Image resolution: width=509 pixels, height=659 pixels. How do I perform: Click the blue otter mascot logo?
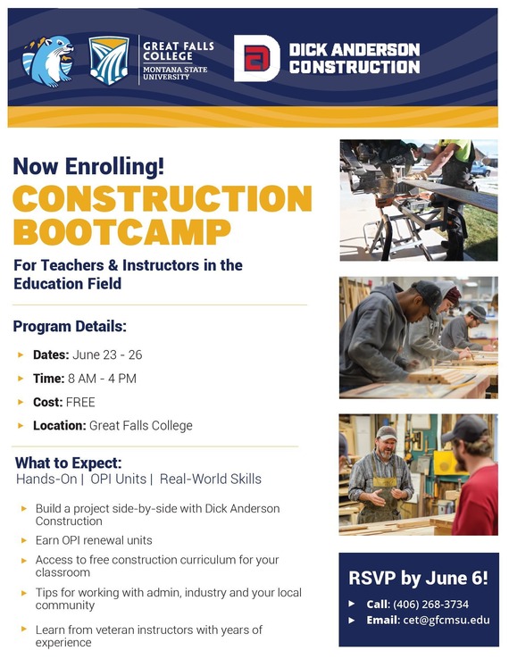tap(47, 60)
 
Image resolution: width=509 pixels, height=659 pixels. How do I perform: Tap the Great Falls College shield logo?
tap(109, 60)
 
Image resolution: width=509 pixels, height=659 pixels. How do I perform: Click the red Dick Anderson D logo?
tap(256, 59)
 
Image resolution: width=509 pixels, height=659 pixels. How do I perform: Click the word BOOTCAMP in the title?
tap(121, 230)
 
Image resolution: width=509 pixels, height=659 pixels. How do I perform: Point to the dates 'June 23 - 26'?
tap(113, 355)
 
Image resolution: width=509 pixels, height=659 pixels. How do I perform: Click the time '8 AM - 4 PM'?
tap(103, 378)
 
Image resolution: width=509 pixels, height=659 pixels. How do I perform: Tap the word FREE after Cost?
tap(80, 402)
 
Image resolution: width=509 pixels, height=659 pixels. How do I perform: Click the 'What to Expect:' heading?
tap(69, 463)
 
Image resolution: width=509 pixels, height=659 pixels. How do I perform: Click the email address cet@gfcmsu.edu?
tap(443, 620)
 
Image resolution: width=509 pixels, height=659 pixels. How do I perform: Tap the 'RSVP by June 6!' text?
tap(418, 578)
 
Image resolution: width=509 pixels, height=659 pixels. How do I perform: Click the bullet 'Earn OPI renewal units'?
tap(94, 540)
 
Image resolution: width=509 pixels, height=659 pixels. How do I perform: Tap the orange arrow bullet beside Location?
tap(21, 426)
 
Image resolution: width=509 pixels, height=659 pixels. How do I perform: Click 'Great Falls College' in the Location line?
tap(140, 426)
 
